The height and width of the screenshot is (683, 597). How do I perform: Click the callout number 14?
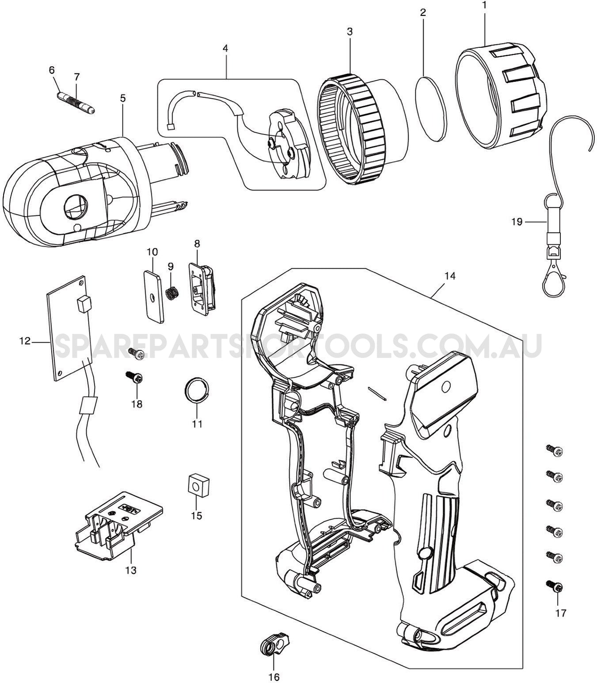click(450, 276)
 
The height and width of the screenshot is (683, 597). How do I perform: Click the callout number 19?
click(517, 222)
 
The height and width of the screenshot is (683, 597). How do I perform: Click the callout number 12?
click(25, 341)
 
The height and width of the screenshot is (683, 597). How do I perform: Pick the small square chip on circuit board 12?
click(83, 304)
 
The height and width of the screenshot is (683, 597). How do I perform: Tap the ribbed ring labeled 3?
click(349, 128)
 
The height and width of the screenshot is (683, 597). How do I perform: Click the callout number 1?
click(484, 6)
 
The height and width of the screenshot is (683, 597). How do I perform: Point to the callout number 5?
click(122, 98)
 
